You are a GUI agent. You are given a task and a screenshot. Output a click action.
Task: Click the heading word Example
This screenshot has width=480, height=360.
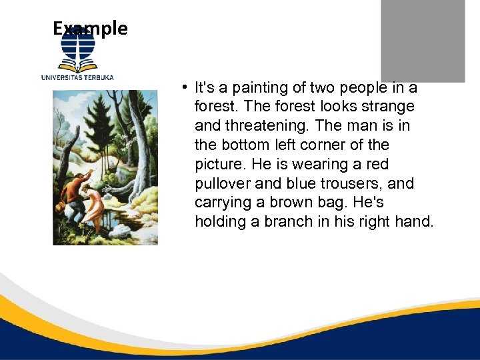(90, 28)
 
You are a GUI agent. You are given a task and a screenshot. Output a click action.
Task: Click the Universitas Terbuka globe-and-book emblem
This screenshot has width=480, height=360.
(78, 48)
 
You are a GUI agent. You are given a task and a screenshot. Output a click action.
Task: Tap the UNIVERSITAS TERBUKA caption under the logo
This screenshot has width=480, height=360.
(77, 77)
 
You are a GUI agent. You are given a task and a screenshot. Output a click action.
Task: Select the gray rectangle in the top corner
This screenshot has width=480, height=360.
(423, 40)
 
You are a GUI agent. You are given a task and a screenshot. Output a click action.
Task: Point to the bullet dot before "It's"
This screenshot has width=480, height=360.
(182, 87)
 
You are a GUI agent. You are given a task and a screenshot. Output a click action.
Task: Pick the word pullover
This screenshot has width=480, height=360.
(225, 183)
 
